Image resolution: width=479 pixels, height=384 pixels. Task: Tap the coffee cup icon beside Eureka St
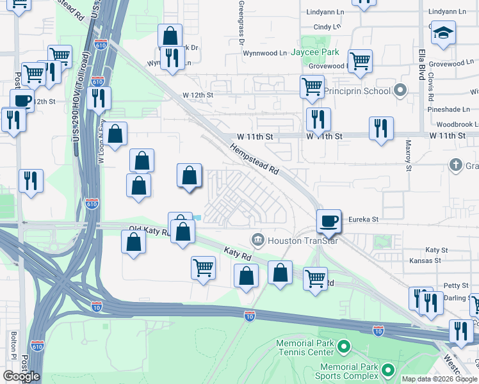pos(329,221)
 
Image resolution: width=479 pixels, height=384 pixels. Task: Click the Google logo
pos(21,376)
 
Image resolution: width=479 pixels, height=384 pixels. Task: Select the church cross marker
pos(455,165)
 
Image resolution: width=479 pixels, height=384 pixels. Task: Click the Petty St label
pos(456,285)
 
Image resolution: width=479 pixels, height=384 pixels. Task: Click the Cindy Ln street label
pos(327,27)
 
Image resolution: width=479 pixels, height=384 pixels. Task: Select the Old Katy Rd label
pos(147,230)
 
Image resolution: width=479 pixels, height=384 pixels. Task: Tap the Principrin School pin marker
pos(402,90)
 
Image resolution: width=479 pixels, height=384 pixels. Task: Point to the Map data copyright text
pos(438,379)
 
